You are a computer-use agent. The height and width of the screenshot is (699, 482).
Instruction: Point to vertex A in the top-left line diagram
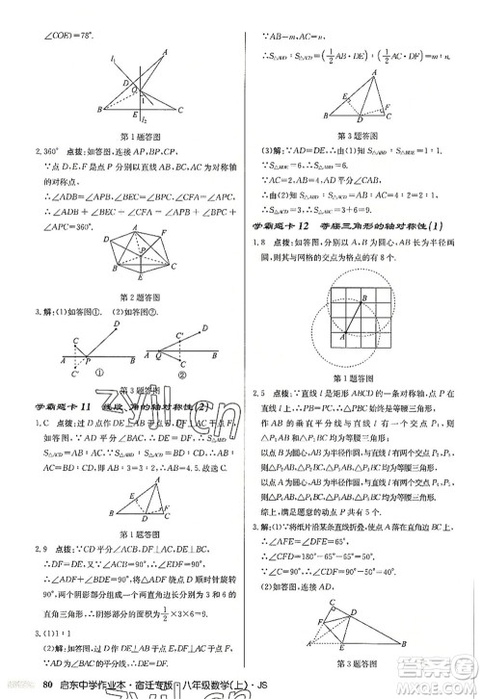tap(165, 53)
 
